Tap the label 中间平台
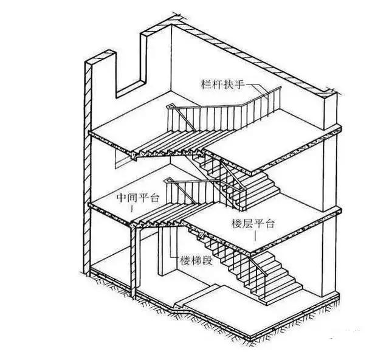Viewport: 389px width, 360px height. (x=138, y=198)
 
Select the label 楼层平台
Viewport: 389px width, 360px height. (x=253, y=223)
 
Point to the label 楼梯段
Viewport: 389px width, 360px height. (x=196, y=261)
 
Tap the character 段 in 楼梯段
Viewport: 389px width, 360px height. (x=207, y=261)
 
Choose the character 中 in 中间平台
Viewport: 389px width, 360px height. (x=122, y=198)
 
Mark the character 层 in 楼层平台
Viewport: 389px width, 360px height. (x=247, y=223)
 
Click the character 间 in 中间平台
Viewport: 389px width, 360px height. (x=133, y=198)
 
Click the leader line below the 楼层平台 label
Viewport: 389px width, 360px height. (x=255, y=237)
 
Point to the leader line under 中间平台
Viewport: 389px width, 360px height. (x=132, y=209)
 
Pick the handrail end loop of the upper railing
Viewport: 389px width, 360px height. (x=170, y=106)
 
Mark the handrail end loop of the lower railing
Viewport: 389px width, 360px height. (x=168, y=179)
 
